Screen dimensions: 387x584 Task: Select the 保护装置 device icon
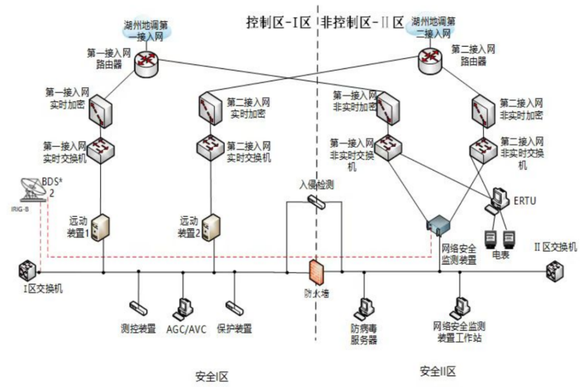234,307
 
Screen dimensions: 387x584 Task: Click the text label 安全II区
437,372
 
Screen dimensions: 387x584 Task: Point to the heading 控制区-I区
277,23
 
